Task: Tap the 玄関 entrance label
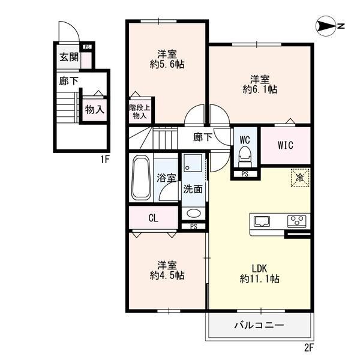coord(68,58)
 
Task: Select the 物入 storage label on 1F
coord(94,109)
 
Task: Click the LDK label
coord(259,268)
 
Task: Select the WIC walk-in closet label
coord(285,145)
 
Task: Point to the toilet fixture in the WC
coord(244,158)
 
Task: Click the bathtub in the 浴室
coord(141,178)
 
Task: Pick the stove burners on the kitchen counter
coord(296,220)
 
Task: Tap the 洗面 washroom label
coord(193,188)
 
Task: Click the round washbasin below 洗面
coord(193,213)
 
